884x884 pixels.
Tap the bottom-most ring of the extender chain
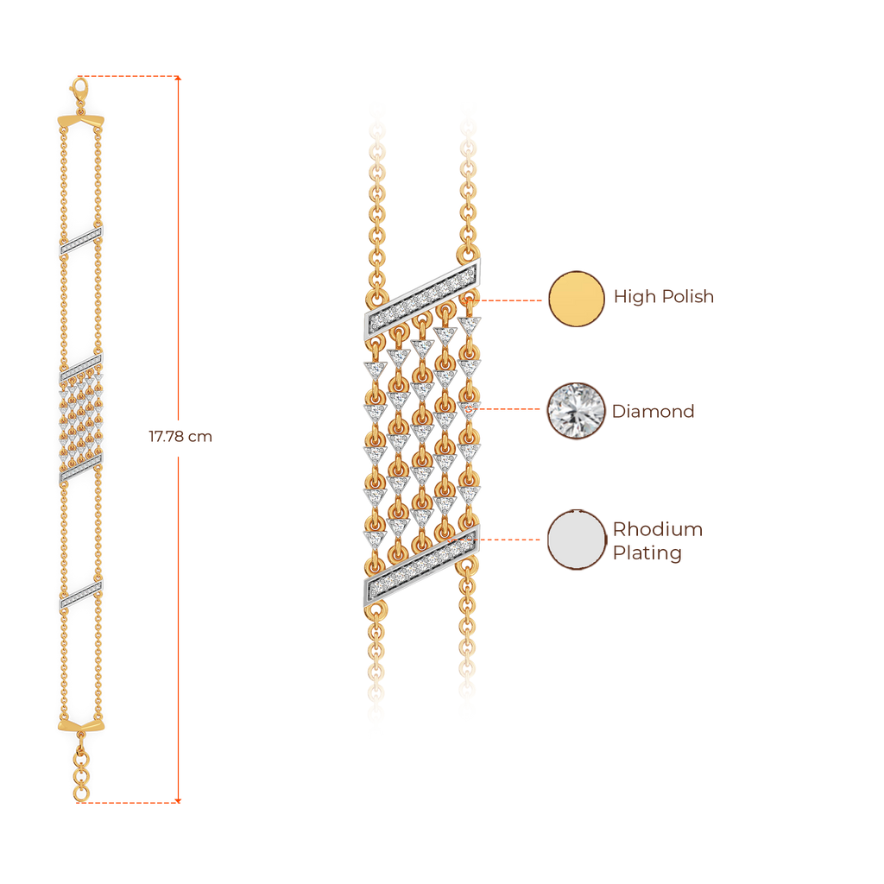pos(80,792)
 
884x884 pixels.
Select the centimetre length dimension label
pos(180,438)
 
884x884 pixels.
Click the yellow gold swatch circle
pos(577,299)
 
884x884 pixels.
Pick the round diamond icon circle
pos(577,411)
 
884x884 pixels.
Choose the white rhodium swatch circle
pos(577,540)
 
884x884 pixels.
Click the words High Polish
pos(664,298)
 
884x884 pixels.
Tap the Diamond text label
pos(654,411)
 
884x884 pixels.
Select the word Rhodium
pos(658,529)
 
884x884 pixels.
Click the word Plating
pos(647,553)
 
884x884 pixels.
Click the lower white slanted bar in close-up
pos(420,565)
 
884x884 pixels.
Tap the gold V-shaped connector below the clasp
pos(80,120)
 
